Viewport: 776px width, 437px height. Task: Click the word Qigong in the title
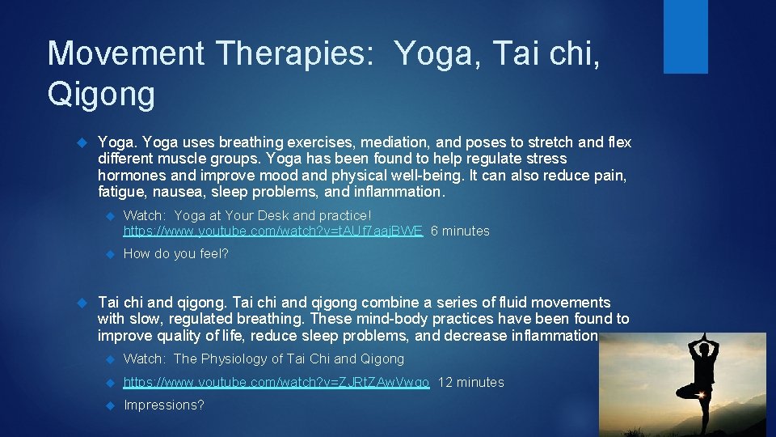pyautogui.click(x=101, y=95)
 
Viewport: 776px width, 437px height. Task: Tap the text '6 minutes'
pyautogui.click(x=460, y=231)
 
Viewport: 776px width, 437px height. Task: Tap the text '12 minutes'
pyautogui.click(x=470, y=383)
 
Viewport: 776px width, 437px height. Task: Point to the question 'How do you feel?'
pyautogui.click(x=175, y=254)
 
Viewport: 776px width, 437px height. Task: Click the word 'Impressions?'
pyautogui.click(x=163, y=405)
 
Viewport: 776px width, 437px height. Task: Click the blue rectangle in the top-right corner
pyautogui.click(x=685, y=36)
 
